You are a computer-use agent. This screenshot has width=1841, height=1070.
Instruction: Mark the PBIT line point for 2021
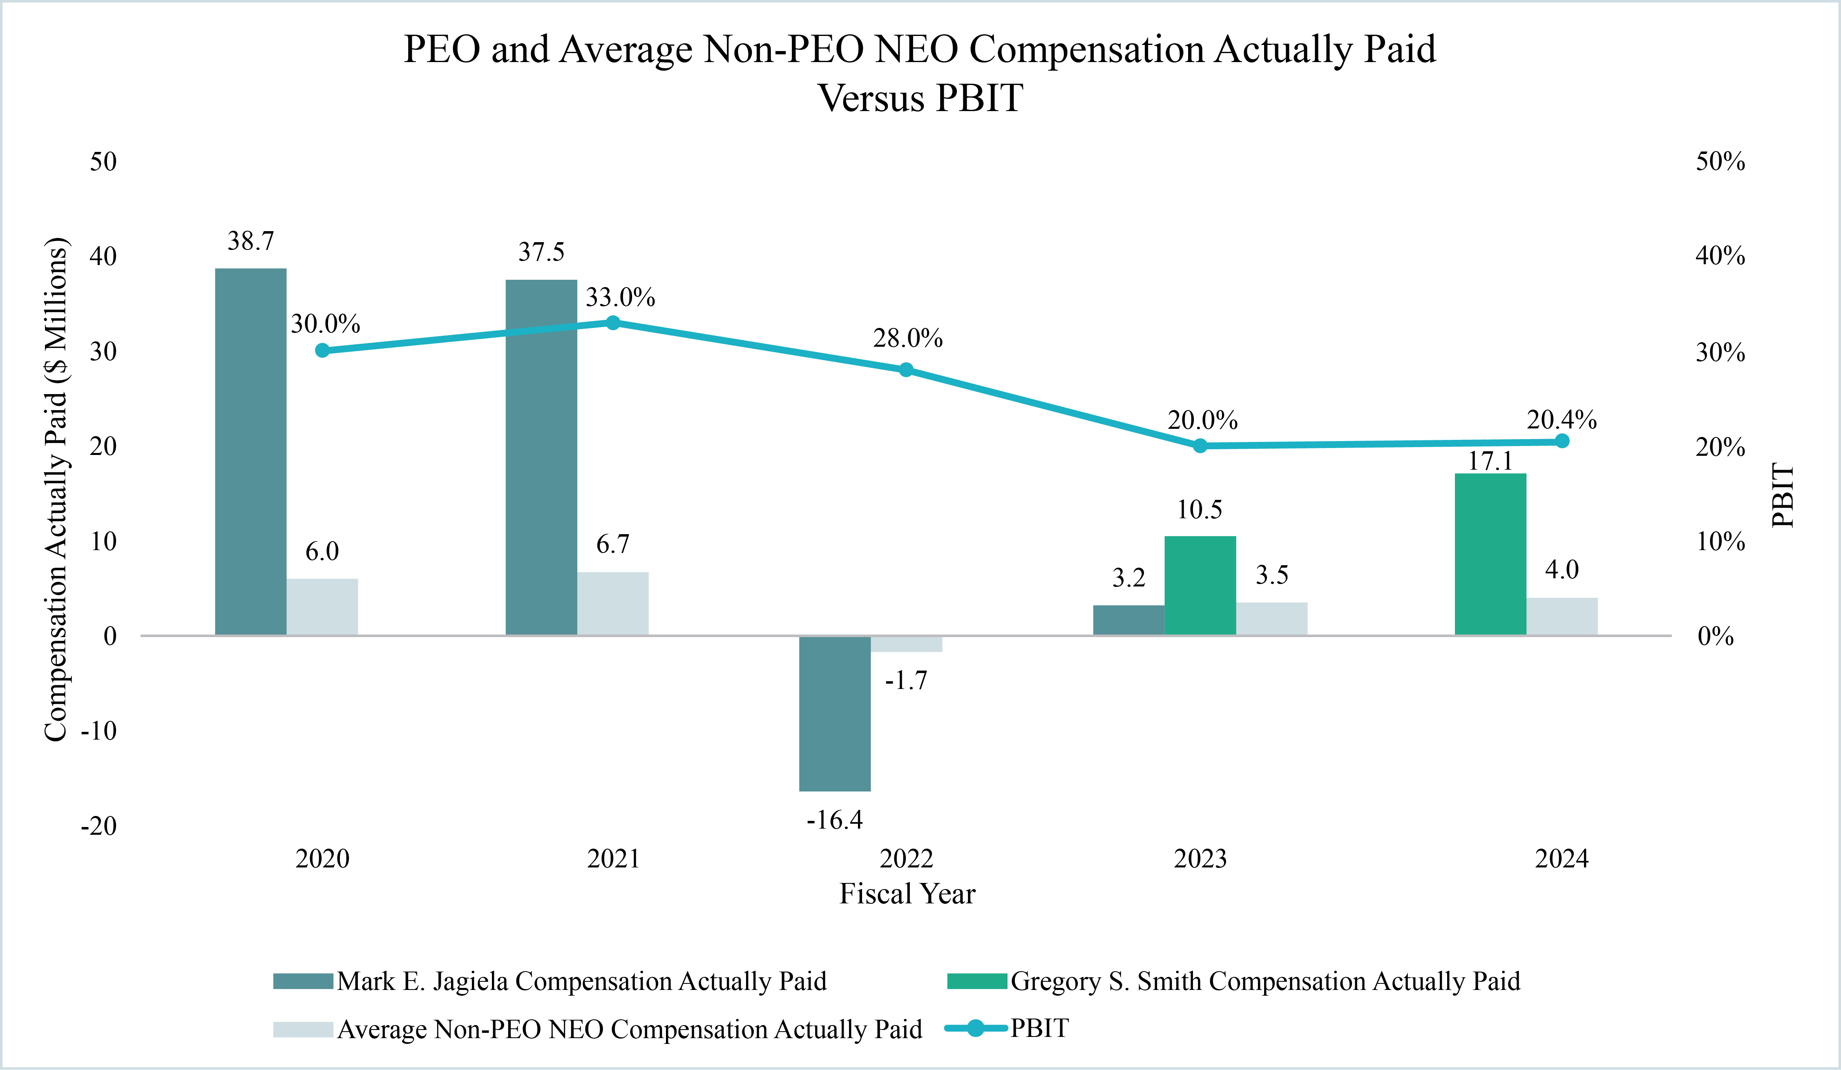pos(613,323)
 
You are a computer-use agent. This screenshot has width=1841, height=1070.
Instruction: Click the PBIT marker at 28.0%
pos(906,370)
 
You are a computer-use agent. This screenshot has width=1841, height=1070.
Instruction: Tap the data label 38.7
pos(250,241)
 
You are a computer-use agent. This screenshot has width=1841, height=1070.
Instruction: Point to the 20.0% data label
pos(1202,421)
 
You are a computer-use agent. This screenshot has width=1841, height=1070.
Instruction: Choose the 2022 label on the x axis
pos(906,859)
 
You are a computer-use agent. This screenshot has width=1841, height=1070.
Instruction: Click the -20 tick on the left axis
pos(98,826)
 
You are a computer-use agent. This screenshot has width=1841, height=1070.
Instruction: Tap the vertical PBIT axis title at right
pos(1783,495)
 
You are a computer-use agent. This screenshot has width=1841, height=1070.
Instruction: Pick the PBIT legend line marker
pos(975,1028)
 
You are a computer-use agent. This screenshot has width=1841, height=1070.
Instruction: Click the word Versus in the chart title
pos(871,98)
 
